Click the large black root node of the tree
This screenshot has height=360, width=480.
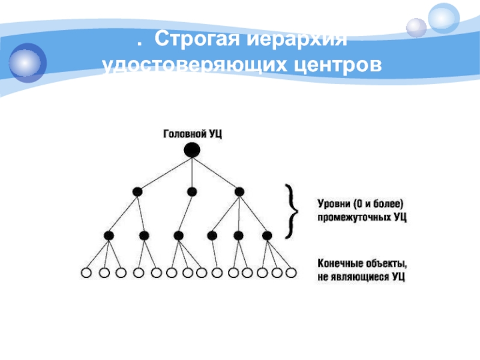tap(191, 150)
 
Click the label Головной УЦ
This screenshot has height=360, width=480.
tap(193, 134)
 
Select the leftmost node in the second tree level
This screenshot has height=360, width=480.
tap(137, 191)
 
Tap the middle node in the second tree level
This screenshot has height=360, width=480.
tap(191, 191)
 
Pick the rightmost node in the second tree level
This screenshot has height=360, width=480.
tap(239, 191)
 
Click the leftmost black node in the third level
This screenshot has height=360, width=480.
tap(109, 235)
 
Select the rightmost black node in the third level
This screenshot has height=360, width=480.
tap(267, 235)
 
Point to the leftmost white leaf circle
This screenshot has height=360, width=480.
tap(86, 273)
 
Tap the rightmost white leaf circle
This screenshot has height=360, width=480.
tap(291, 273)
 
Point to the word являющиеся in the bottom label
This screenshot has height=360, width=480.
tap(361, 278)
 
